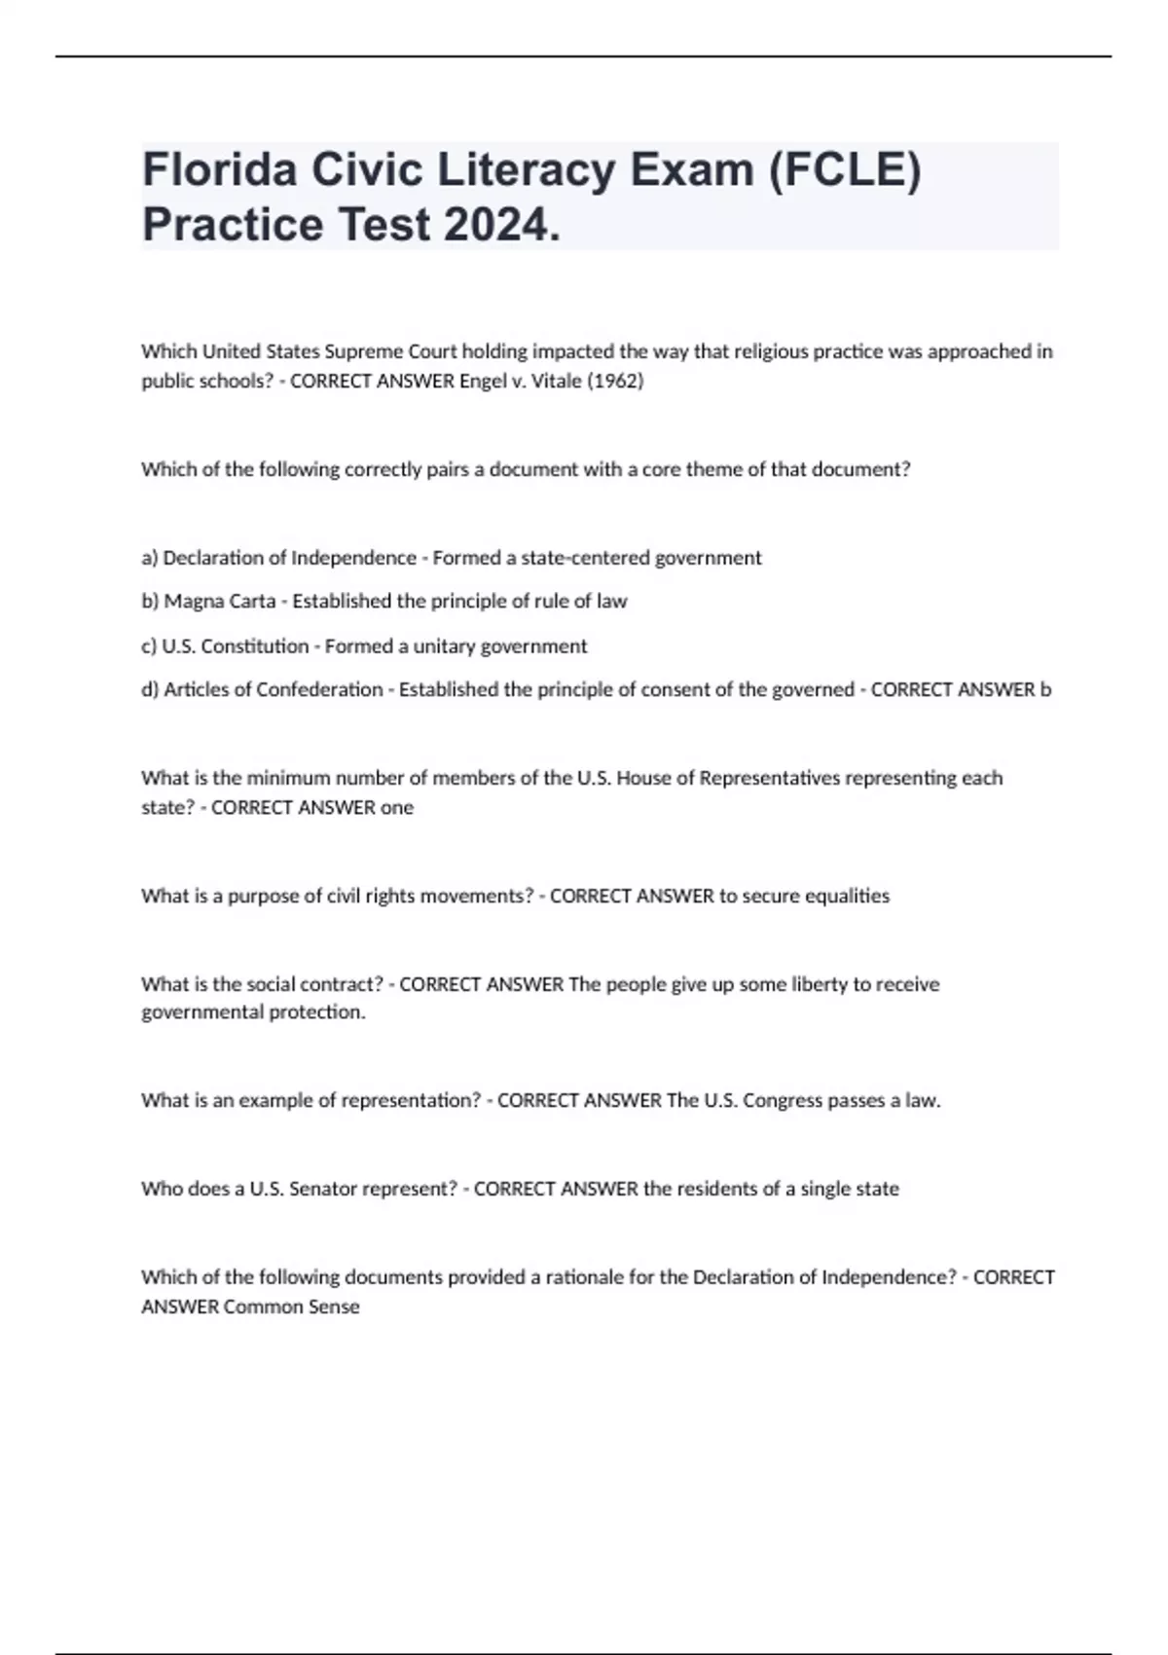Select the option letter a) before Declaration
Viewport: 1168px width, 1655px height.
[x=150, y=558]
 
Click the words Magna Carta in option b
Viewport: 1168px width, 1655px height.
[x=220, y=602]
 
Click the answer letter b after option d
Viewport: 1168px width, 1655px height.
[x=1046, y=690]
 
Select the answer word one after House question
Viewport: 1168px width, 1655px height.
[x=397, y=808]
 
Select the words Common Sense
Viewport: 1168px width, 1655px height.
[x=291, y=1306]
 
